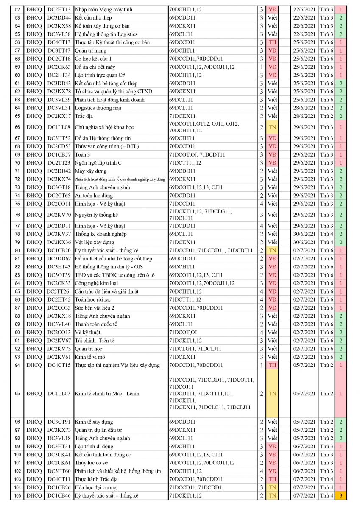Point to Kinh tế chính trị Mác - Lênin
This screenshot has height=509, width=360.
(107, 394)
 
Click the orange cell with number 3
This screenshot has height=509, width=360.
(341, 496)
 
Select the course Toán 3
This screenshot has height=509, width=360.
(84, 154)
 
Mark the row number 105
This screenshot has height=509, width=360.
(17, 496)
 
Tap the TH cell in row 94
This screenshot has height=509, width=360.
(272, 365)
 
